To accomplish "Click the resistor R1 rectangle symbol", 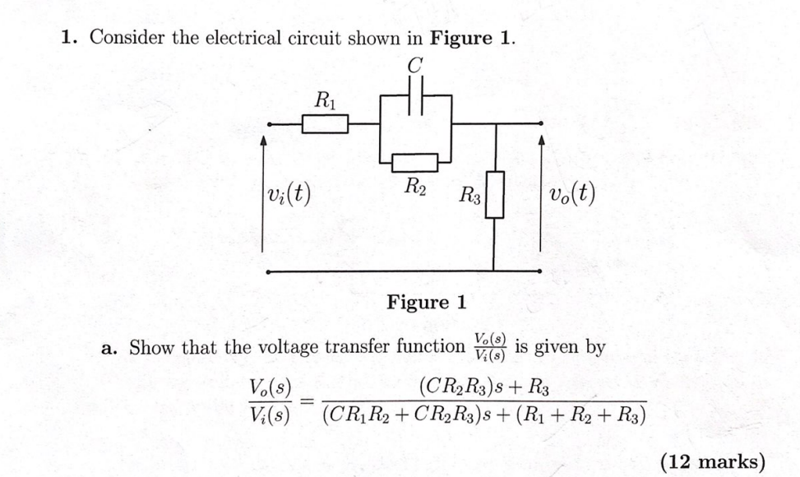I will pos(326,124).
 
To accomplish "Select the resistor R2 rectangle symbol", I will pos(415,161).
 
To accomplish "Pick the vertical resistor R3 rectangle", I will pos(494,195).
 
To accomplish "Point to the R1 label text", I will pos(326,101).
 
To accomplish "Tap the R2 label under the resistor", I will pos(414,186).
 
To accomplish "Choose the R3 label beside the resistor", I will pos(469,196).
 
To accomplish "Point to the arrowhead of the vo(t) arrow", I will pos(541,141).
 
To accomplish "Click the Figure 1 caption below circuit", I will pos(427,303).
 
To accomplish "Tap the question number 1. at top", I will pos(70,38).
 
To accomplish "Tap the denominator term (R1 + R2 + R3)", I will pos(578,413).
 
